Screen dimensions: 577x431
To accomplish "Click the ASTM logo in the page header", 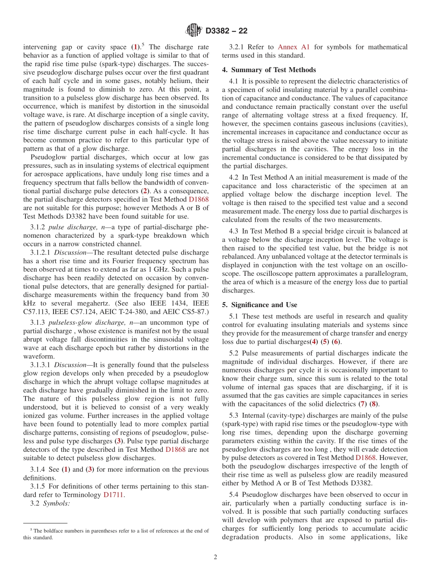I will (194, 31).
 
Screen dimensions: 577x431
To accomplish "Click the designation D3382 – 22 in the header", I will (226, 31).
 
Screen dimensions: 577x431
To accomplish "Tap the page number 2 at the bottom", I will (215, 557).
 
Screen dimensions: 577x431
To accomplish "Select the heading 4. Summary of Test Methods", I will (269, 70).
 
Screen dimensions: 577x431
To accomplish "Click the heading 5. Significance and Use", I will (260, 305).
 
